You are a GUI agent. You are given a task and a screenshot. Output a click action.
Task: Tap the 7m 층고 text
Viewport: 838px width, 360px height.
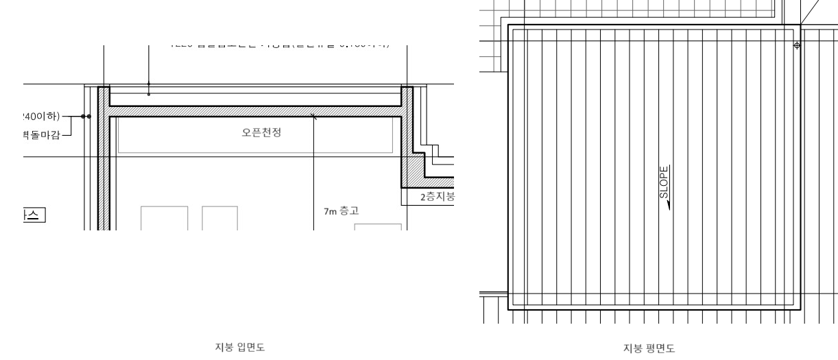point(341,212)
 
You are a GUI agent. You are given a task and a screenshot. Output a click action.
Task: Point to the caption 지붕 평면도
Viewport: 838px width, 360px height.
point(652,348)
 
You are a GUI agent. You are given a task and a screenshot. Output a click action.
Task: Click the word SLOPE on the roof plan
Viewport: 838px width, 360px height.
point(663,182)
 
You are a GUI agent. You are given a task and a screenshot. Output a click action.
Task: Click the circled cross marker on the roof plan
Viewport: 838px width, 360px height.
point(796,45)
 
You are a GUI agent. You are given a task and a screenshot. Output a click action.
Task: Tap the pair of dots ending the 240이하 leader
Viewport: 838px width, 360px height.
point(86,117)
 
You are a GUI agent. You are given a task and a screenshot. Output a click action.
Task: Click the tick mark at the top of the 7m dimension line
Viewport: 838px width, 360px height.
point(313,117)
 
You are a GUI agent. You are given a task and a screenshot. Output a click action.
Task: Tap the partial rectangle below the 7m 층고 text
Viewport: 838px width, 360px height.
point(378,226)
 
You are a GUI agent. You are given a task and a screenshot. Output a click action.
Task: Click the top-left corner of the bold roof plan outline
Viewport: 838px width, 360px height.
point(508,25)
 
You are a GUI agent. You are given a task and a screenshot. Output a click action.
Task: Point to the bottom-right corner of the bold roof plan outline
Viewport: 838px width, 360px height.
point(800,310)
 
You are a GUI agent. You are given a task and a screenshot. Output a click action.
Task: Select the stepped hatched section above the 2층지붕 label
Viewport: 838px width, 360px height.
point(414,171)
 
